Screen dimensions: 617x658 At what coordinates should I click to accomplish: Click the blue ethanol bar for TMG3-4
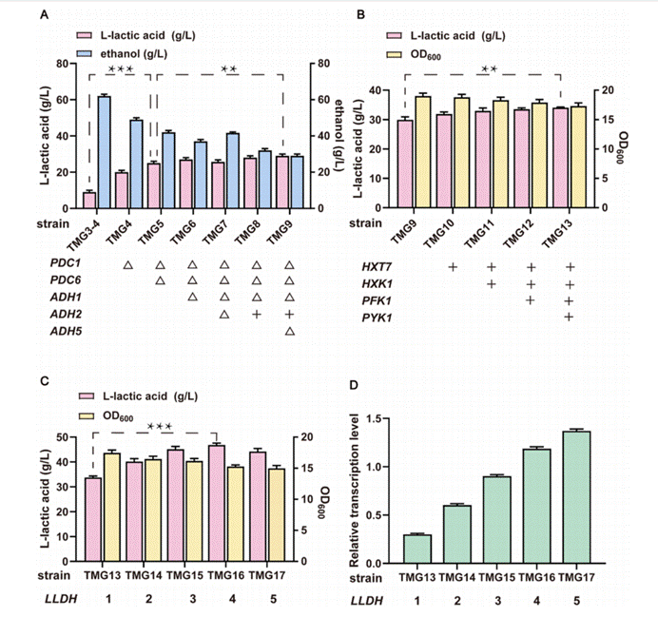[104, 152]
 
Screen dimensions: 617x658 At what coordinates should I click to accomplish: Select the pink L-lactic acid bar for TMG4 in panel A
[121, 190]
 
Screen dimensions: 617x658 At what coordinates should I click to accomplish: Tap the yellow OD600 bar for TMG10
[463, 153]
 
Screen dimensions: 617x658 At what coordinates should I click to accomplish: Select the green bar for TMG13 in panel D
[416, 549]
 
